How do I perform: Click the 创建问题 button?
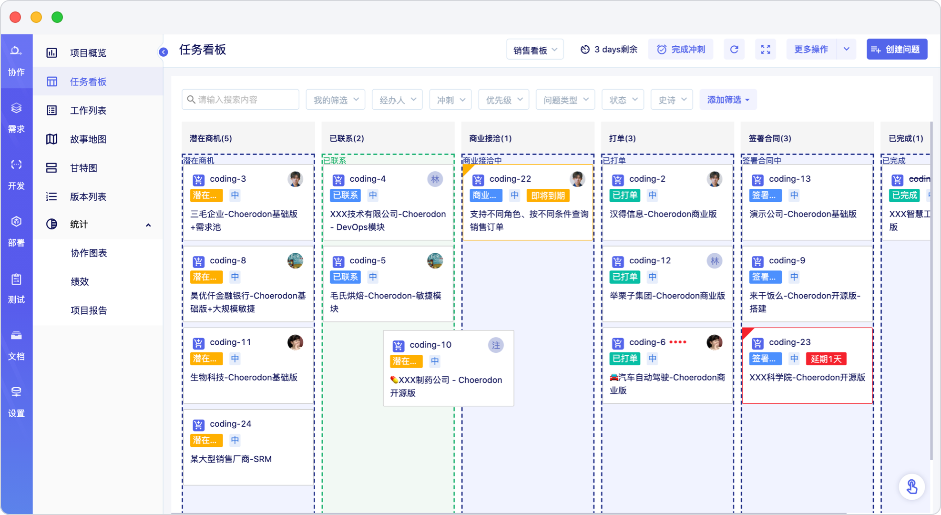(897, 49)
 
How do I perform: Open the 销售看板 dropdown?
(535, 50)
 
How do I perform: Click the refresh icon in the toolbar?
(734, 49)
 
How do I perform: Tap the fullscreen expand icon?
(766, 49)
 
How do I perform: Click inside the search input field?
(240, 100)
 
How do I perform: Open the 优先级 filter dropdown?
(504, 100)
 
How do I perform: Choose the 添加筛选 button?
(728, 100)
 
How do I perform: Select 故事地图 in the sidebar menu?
(88, 139)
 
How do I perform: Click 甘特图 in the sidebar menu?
(84, 168)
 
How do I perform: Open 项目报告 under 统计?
(89, 310)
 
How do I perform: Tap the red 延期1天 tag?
(826, 359)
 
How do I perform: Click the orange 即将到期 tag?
(548, 195)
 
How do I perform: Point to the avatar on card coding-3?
(296, 179)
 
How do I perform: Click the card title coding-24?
(230, 423)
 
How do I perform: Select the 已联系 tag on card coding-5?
(345, 277)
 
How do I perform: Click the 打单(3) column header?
(623, 138)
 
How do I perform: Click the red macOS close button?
(15, 17)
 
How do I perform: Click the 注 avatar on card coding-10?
(496, 345)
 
